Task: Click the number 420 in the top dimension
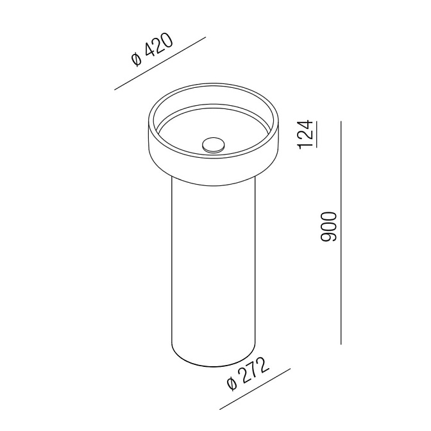point(158,46)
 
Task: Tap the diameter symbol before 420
point(137,60)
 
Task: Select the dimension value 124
point(306,134)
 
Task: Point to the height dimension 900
point(329,227)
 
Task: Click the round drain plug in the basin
point(213,145)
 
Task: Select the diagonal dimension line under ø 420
point(160,63)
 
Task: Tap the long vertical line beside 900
point(341,233)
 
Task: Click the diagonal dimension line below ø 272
point(255,389)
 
